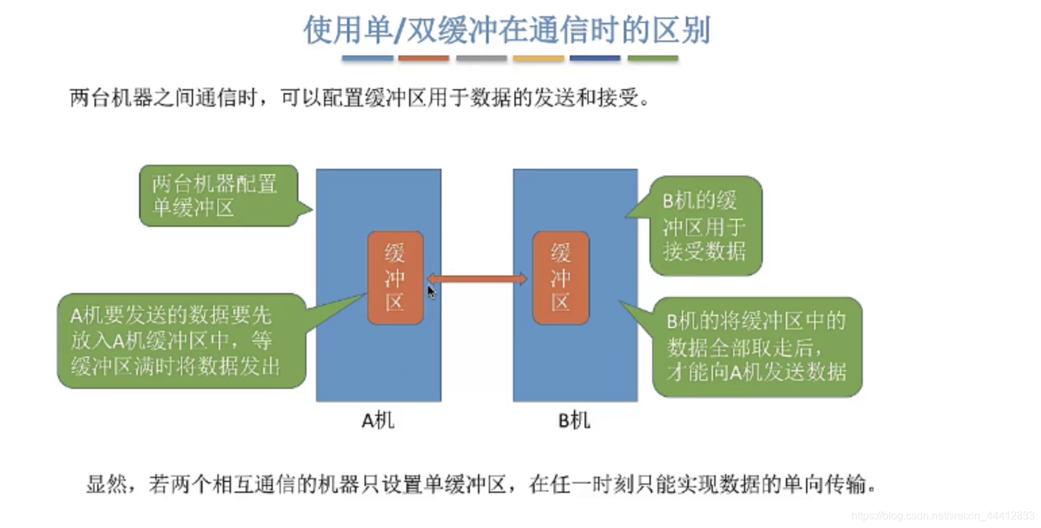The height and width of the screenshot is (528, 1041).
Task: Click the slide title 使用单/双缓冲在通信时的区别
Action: pyautogui.click(x=506, y=30)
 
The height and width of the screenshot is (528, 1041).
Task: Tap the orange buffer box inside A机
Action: pyautogui.click(x=395, y=278)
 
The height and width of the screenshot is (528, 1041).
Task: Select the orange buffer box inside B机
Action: pyautogui.click(x=560, y=278)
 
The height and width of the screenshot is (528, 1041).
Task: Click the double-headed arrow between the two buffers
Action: pyautogui.click(x=477, y=278)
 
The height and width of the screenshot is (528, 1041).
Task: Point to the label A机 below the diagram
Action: pyautogui.click(x=378, y=421)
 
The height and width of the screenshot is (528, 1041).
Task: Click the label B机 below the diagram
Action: pyautogui.click(x=575, y=421)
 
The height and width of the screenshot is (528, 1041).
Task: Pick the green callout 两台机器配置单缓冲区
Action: pyautogui.click(x=218, y=195)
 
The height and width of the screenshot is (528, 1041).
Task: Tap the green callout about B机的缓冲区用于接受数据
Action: pyautogui.click(x=705, y=226)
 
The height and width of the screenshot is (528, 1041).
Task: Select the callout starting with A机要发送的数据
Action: pyautogui.click(x=180, y=341)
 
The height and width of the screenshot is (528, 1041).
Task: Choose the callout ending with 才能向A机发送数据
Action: pyautogui.click(x=757, y=347)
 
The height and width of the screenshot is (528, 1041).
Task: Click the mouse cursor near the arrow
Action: pyautogui.click(x=431, y=291)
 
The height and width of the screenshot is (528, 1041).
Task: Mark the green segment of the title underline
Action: pyautogui.click(x=652, y=59)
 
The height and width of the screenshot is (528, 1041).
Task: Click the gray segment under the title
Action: pyautogui.click(x=481, y=59)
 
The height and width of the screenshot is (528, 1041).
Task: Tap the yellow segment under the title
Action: pyautogui.click(x=538, y=59)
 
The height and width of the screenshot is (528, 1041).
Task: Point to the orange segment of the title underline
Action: pyautogui.click(x=423, y=59)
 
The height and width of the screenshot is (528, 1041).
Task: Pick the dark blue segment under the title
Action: pyautogui.click(x=595, y=59)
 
